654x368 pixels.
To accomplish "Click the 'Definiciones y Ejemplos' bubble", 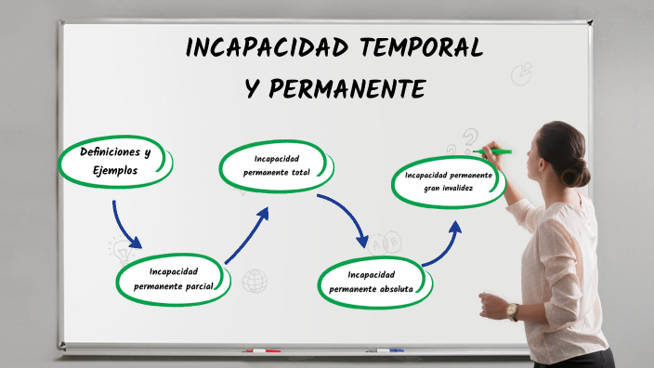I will [x=114, y=162].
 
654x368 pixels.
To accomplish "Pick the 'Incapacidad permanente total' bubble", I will [x=276, y=165].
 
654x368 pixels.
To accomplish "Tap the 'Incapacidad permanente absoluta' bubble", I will [x=376, y=281].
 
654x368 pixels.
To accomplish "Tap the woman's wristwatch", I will [x=512, y=311].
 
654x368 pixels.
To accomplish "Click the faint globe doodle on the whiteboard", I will [x=255, y=281].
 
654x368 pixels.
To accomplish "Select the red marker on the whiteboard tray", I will [x=261, y=351].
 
